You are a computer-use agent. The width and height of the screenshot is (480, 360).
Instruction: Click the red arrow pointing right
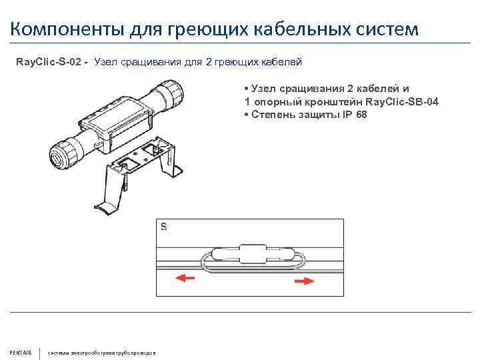304,282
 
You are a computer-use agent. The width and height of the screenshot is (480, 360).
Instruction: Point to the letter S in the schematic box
164,227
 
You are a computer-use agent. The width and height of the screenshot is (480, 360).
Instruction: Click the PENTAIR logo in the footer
21,352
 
